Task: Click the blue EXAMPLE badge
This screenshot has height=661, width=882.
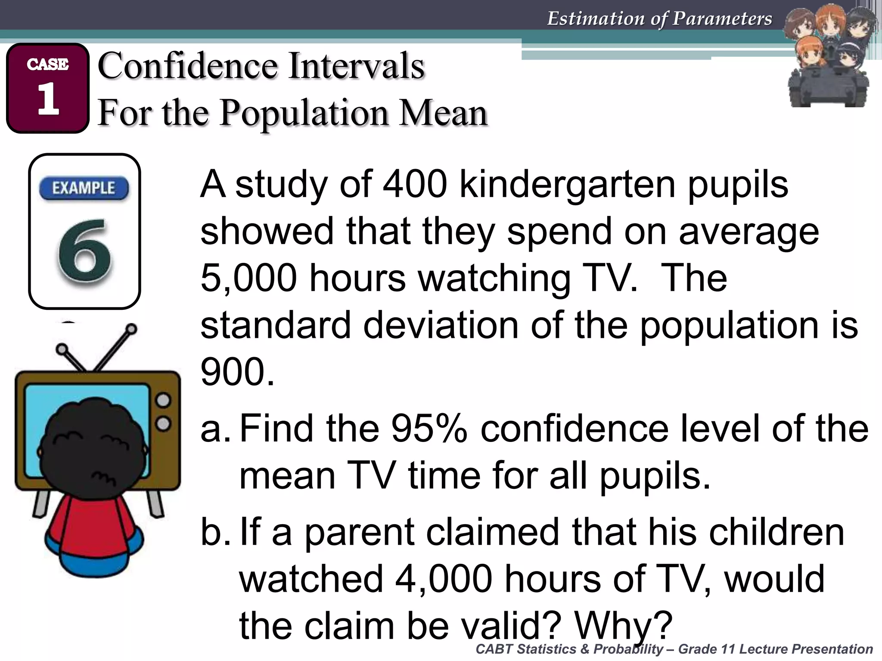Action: pyautogui.click(x=84, y=188)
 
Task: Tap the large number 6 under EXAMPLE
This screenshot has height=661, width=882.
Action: pyautogui.click(x=85, y=252)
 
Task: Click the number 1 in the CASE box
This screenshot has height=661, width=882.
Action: pyautogui.click(x=48, y=99)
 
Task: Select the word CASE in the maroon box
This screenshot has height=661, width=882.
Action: pyautogui.click(x=47, y=65)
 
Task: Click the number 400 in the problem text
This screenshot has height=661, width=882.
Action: pyautogui.click(x=415, y=184)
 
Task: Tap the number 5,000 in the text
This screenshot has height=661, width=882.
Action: pyautogui.click(x=248, y=278)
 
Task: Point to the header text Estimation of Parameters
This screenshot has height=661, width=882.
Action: pyautogui.click(x=659, y=19)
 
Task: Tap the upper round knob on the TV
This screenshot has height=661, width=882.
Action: pyautogui.click(x=163, y=401)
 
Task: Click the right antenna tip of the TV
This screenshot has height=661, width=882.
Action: pyautogui.click(x=132, y=330)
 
